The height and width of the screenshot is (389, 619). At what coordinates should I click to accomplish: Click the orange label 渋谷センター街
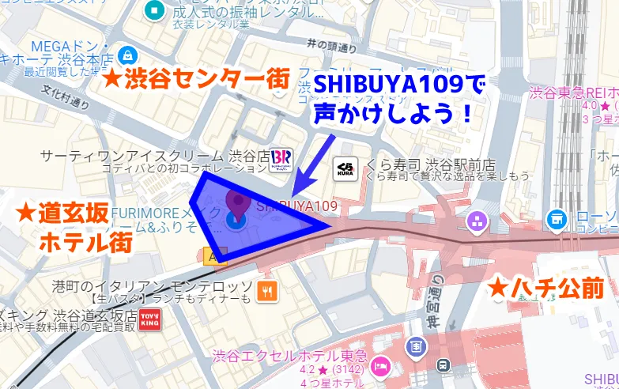[x=198, y=79]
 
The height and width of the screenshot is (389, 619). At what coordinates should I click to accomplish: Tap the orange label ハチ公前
[x=545, y=288]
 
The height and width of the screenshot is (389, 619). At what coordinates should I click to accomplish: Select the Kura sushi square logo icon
[x=345, y=166]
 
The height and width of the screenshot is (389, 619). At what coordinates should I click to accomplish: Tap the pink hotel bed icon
[x=381, y=367]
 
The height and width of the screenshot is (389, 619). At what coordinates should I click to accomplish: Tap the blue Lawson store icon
[x=557, y=217]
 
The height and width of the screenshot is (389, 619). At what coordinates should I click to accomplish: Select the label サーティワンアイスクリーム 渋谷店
[x=153, y=156]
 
